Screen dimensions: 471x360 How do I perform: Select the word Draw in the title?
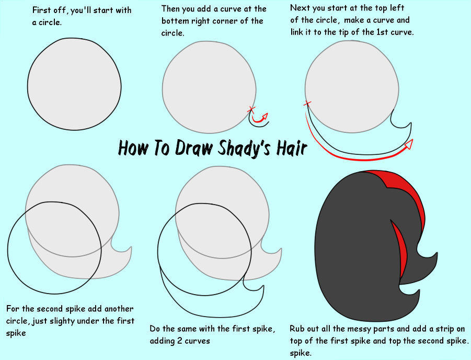click(x=194, y=148)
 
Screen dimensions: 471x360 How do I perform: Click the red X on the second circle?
click(x=251, y=109)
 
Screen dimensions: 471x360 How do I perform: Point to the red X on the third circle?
click(x=307, y=104)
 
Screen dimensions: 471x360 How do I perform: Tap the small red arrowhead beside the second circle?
click(x=265, y=116)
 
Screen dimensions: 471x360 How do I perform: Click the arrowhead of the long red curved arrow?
click(x=409, y=144)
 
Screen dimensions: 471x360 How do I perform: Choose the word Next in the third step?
click(x=300, y=8)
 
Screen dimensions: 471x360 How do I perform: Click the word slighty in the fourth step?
click(x=62, y=321)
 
